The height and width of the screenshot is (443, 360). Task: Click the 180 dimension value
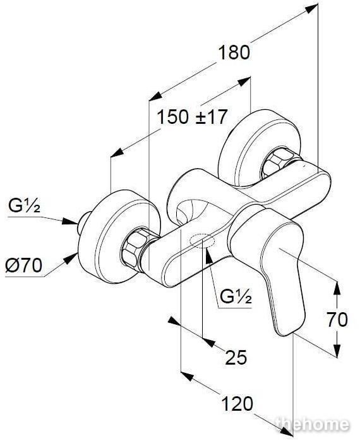point(234,52)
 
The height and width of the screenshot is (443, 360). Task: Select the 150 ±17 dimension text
point(192,117)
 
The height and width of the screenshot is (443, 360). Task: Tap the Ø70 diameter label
point(24,265)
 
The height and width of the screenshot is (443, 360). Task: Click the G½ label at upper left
point(24,205)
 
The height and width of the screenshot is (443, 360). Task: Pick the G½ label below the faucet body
point(236,296)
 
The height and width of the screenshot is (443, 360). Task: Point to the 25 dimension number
point(236,357)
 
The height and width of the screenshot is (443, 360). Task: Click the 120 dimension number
point(237,403)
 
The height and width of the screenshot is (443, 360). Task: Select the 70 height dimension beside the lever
point(337,319)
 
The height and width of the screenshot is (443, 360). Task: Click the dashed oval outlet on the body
point(203,241)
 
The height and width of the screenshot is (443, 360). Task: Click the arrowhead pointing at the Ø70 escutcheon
point(70,258)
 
